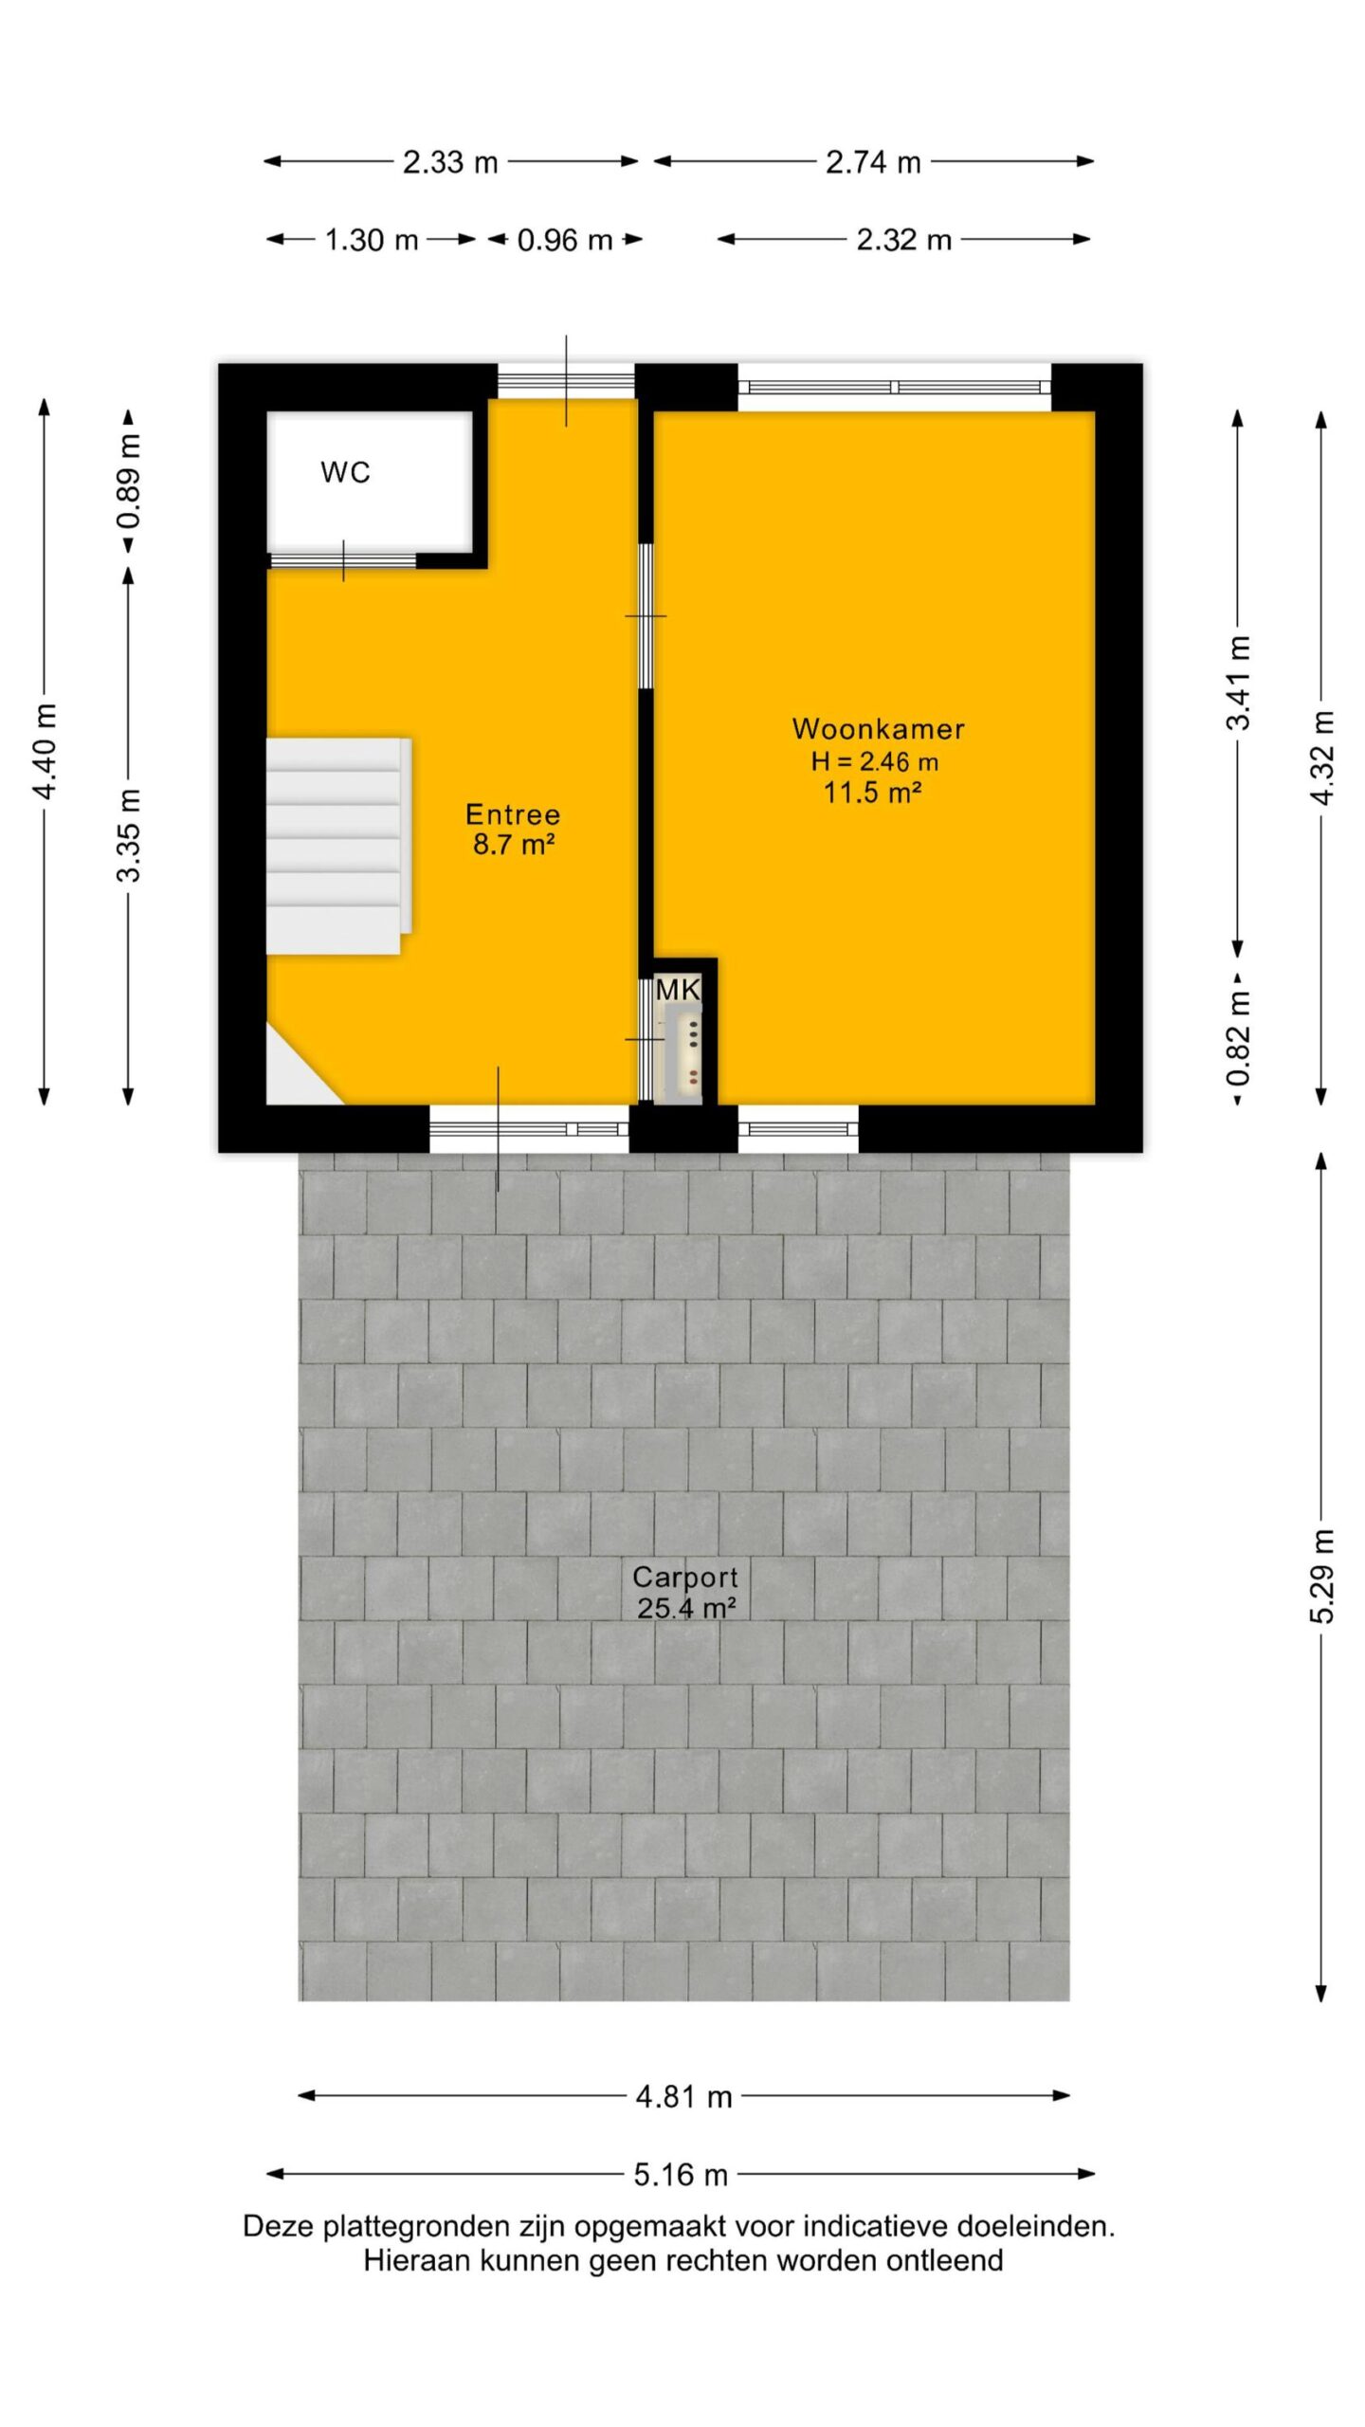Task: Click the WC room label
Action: (x=345, y=472)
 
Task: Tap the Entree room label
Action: (x=513, y=814)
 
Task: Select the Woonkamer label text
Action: (x=879, y=729)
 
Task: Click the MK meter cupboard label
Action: (x=678, y=991)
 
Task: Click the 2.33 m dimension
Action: (x=450, y=162)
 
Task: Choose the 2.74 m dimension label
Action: (x=873, y=162)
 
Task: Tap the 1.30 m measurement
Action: (x=372, y=240)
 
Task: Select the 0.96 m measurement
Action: (x=565, y=240)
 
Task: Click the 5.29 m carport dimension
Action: (x=1322, y=1577)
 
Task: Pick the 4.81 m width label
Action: (x=684, y=2096)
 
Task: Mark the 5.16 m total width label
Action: (x=681, y=2174)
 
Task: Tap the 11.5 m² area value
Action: (x=872, y=792)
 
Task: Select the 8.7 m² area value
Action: (x=514, y=844)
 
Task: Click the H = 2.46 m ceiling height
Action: (x=875, y=760)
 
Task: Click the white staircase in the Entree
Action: (x=338, y=846)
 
